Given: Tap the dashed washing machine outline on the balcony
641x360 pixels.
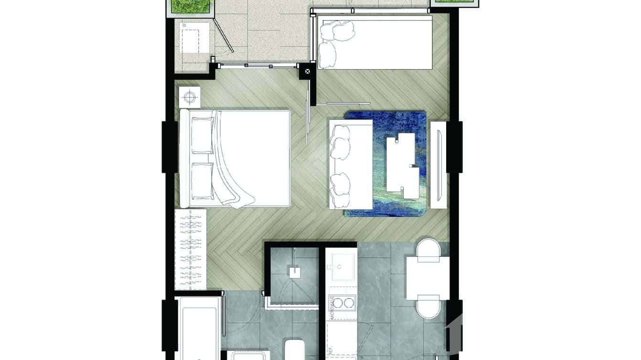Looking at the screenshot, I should click(194, 37).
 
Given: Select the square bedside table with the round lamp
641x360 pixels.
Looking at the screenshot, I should click(190, 97).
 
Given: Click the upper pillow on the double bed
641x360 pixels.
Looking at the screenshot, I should click(202, 136).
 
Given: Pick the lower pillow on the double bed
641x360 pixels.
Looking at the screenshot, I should click(202, 180).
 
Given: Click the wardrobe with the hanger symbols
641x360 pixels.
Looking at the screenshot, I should click(191, 249).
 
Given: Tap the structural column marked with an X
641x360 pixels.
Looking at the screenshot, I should click(307, 71).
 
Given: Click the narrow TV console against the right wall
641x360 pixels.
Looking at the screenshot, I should click(438, 165).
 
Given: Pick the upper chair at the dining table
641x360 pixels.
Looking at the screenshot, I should click(428, 250).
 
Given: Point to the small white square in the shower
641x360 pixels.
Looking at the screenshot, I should click(294, 272).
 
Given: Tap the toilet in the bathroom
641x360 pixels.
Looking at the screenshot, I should click(294, 349).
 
